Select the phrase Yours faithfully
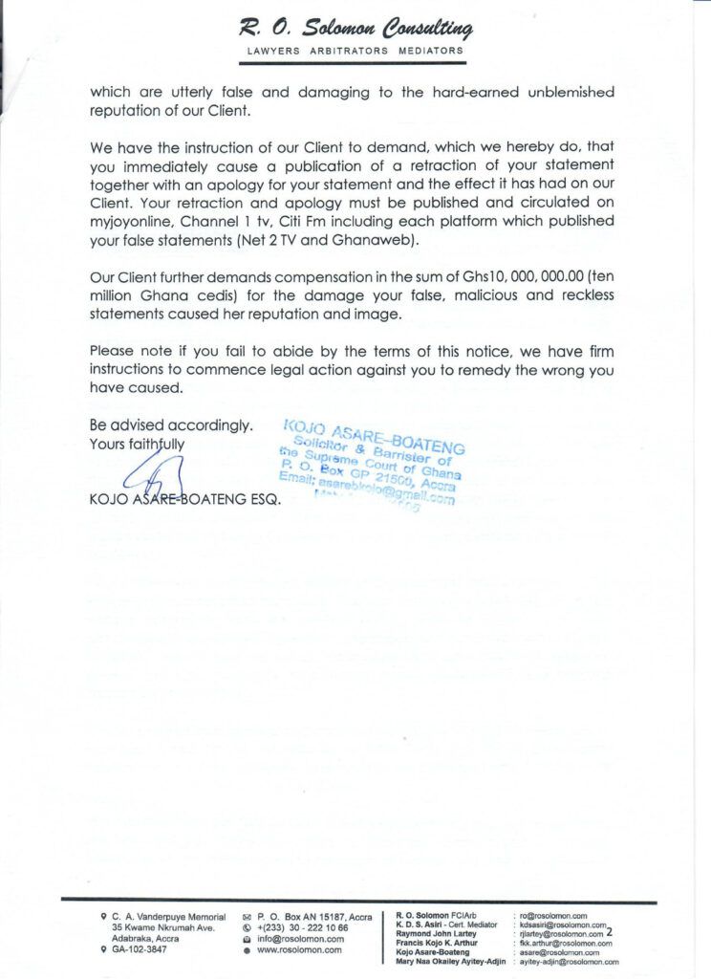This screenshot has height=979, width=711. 137,444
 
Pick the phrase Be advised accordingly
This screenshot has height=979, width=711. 171,424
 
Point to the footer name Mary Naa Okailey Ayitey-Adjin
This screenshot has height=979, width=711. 450,963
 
